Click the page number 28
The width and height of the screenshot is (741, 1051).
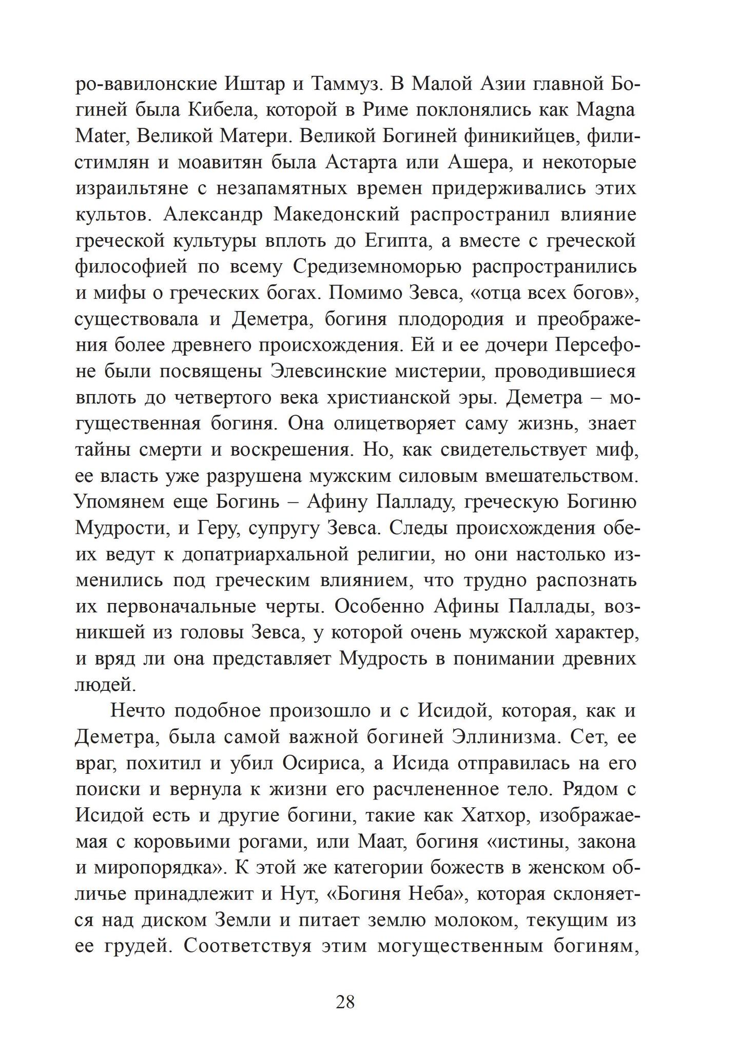pos(345,1001)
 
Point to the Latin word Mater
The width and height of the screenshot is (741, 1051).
pos(100,136)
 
